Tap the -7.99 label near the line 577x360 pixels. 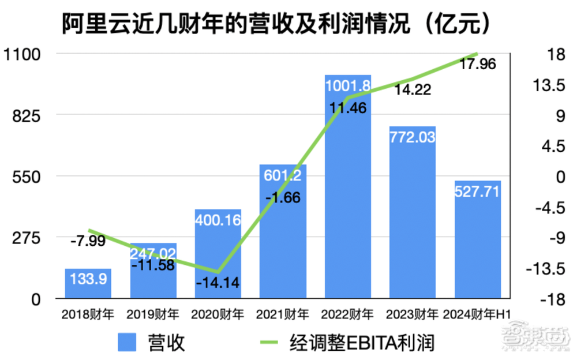(88, 241)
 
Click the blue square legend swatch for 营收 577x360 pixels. (128, 343)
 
